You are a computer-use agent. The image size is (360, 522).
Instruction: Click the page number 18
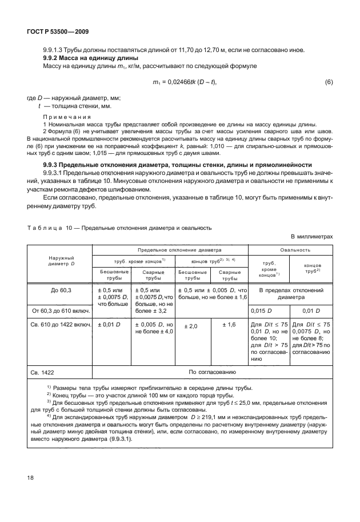30,491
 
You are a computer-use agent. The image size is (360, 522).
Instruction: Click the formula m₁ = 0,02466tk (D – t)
186,82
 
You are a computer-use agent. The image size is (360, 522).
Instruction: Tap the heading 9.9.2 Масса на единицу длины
87,58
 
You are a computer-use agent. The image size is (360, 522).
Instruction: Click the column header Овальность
295,250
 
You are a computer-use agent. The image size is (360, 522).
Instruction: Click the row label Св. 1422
44,372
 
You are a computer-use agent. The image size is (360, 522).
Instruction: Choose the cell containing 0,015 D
262,310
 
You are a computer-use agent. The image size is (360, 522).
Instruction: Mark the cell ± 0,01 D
109,325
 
